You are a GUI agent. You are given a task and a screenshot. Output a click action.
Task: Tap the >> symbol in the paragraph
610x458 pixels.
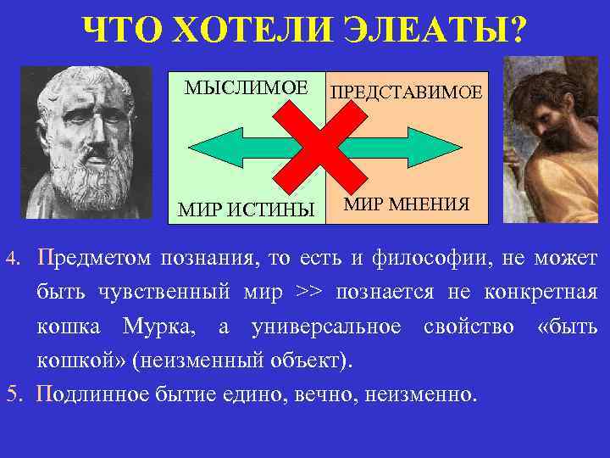(x=309, y=293)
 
